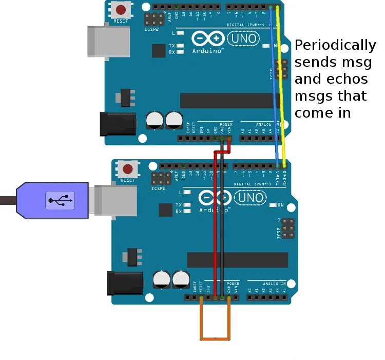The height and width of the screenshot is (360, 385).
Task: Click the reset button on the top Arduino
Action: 121,9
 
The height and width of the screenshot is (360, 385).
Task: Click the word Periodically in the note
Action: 335,45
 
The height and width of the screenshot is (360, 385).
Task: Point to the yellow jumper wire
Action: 282,82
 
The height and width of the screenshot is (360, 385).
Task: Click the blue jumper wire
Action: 275,82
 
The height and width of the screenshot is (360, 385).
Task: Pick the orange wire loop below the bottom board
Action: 215,338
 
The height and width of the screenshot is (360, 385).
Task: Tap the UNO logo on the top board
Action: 244,38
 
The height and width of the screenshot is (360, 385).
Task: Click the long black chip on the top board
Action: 226,101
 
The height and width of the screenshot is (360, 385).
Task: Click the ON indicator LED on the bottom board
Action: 273,205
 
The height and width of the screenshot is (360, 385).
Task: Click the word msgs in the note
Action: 313,96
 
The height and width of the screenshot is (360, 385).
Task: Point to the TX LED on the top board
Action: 180,46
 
